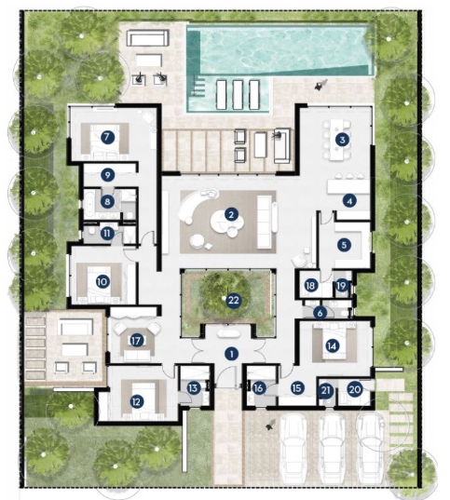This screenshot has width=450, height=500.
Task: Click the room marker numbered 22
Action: [234, 300]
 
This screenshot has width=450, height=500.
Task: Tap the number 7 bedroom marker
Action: [107, 137]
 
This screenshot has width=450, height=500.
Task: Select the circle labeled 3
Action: [342, 140]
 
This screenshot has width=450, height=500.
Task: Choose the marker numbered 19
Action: [342, 286]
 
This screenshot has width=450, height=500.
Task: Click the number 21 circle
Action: [326, 391]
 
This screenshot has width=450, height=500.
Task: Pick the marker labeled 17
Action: [136, 341]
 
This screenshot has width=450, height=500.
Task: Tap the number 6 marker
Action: [320, 313]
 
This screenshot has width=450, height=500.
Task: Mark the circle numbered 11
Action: [107, 234]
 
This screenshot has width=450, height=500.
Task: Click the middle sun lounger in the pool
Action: [238, 95]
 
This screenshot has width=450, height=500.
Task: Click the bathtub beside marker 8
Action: [89, 201]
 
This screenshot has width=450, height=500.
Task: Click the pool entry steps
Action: [198, 87]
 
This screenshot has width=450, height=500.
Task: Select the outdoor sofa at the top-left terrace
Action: [147, 38]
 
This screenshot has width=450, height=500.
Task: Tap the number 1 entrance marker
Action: [231, 354]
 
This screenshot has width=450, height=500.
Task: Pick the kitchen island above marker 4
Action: [348, 187]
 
